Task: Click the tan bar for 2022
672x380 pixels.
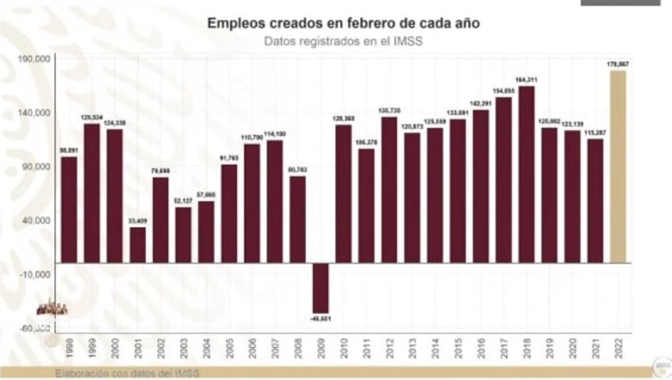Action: (618, 167)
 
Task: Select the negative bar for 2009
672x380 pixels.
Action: (321, 287)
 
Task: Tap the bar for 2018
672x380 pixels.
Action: (527, 175)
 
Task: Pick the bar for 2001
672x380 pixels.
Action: (138, 245)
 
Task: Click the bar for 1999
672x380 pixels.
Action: (92, 193)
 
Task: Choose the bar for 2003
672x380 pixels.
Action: (183, 235)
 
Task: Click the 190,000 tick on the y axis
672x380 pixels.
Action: (34, 59)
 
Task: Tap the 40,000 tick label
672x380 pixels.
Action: (36, 221)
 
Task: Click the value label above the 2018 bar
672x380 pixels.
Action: (527, 80)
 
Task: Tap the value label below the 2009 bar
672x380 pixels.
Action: (321, 319)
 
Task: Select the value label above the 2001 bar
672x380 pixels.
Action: (138, 221)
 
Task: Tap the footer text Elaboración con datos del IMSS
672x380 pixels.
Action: (127, 373)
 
